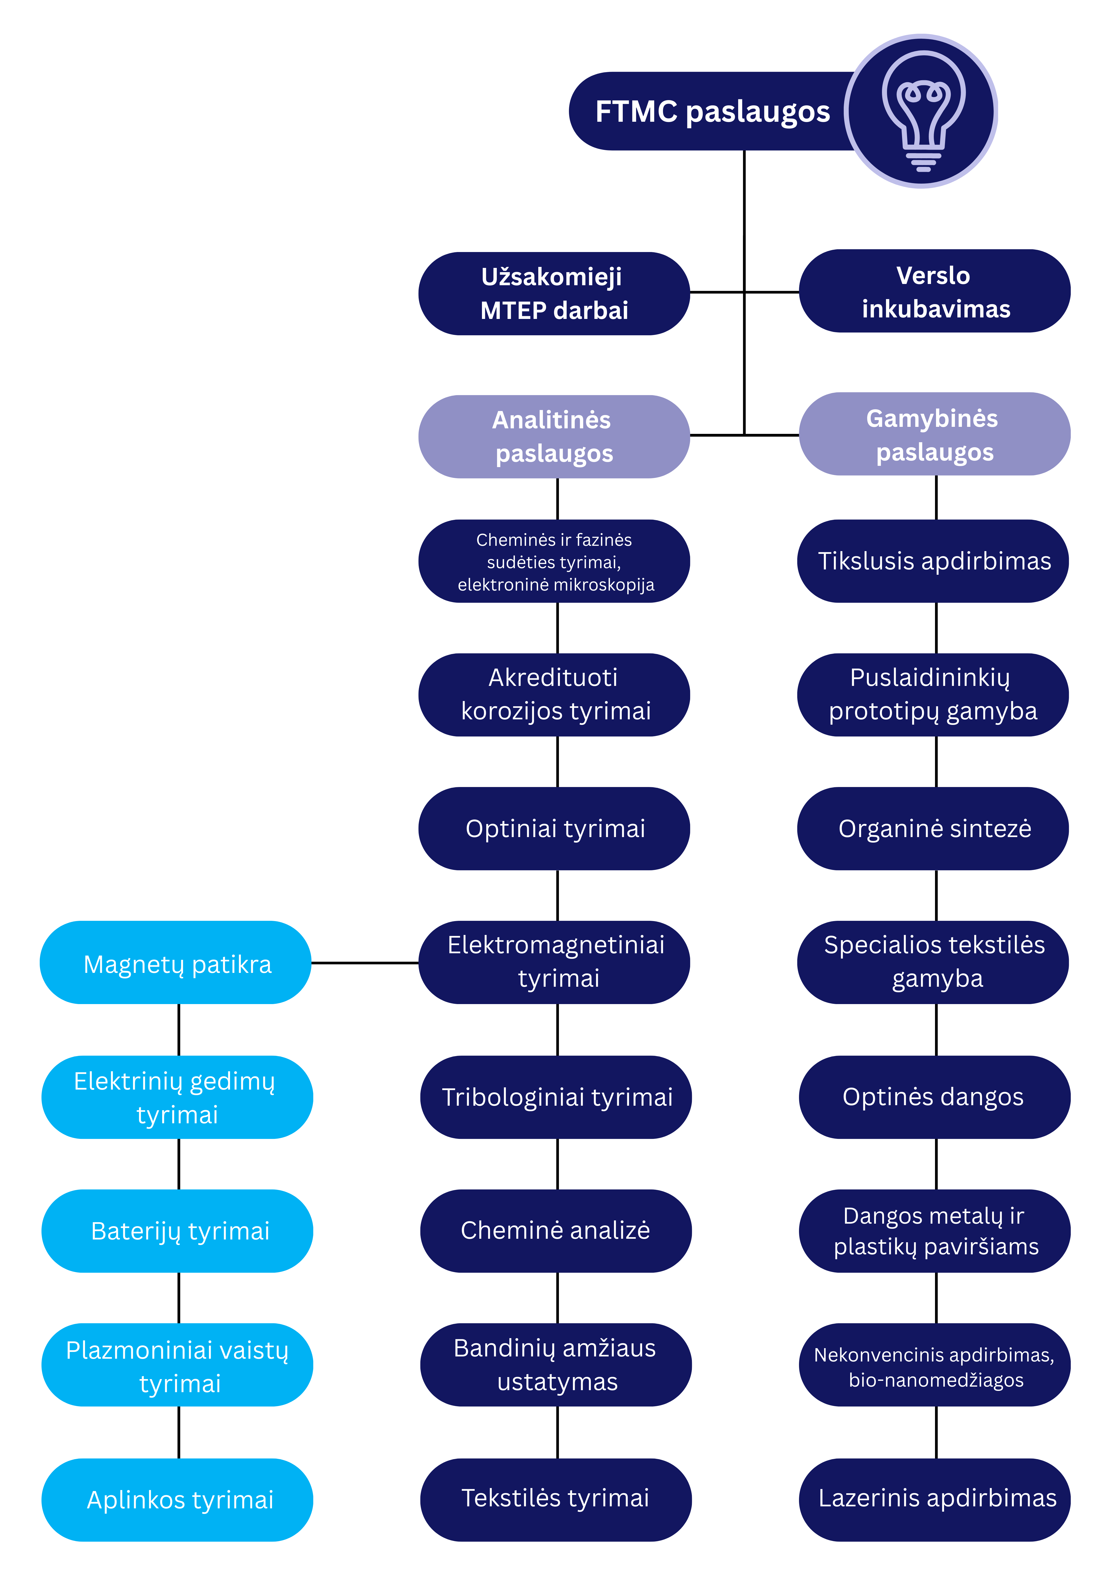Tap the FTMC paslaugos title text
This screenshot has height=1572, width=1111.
coord(712,112)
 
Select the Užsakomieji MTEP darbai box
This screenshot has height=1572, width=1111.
coord(554,294)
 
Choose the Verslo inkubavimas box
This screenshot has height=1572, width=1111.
coord(935,292)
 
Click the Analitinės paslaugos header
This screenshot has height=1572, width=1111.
coord(554,437)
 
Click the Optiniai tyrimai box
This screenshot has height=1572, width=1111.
coord(554,829)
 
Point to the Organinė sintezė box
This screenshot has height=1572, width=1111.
coord(933,829)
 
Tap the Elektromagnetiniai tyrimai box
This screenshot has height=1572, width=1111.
coord(554,962)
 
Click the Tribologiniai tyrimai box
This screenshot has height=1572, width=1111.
coord(556,1097)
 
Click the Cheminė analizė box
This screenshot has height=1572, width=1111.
coord(556,1230)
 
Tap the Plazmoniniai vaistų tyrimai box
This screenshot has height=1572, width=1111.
coord(177,1366)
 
